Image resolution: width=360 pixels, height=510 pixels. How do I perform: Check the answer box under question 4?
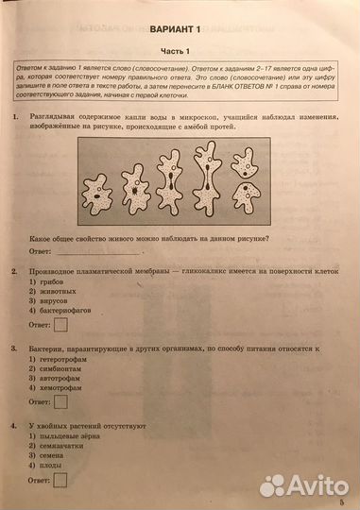[61, 480]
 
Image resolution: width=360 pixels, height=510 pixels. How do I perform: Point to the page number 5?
[342, 502]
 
